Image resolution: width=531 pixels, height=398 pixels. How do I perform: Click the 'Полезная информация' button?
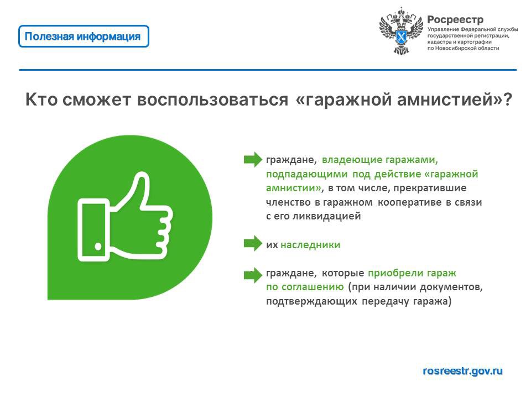tap(84, 36)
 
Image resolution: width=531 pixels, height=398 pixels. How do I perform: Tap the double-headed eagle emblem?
tap(401, 31)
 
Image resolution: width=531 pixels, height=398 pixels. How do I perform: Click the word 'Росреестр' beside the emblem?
tap(455, 20)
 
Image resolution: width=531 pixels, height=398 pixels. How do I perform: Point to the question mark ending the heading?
tap(507, 99)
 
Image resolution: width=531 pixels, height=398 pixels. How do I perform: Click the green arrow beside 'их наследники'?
tap(253, 244)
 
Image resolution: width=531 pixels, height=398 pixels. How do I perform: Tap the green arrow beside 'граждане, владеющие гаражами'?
tap(253, 159)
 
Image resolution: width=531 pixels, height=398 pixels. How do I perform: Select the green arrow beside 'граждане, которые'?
tap(253, 275)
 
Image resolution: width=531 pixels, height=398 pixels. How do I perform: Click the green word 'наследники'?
tap(310, 245)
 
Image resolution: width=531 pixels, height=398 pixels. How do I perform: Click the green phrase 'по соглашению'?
tap(305, 287)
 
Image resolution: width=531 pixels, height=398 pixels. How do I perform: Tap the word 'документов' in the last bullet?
tap(451, 287)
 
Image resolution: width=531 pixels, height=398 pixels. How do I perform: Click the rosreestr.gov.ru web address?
tap(462, 371)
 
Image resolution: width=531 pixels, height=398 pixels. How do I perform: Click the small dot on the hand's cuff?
tap(98, 247)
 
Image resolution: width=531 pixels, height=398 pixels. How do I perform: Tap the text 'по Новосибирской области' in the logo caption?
tap(464, 48)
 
